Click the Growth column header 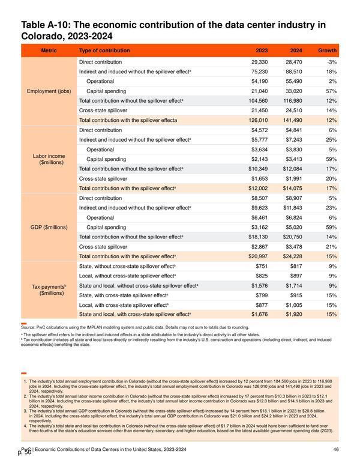point(328,50)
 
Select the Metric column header point(49,50)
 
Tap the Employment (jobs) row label point(49,91)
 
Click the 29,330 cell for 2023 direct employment point(260,62)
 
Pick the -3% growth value point(332,62)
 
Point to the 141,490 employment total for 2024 point(293,120)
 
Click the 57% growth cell point(331,91)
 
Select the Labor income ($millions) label point(49,159)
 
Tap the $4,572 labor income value point(260,130)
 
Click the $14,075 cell point(293,189)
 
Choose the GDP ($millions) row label point(49,228)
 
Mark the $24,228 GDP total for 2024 point(293,256)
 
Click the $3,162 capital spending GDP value point(260,228)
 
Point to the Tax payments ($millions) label point(49,290)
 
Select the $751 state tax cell point(262,266)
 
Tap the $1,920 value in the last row point(294,315)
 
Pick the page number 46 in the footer point(336,450)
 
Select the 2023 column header point(262,50)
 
